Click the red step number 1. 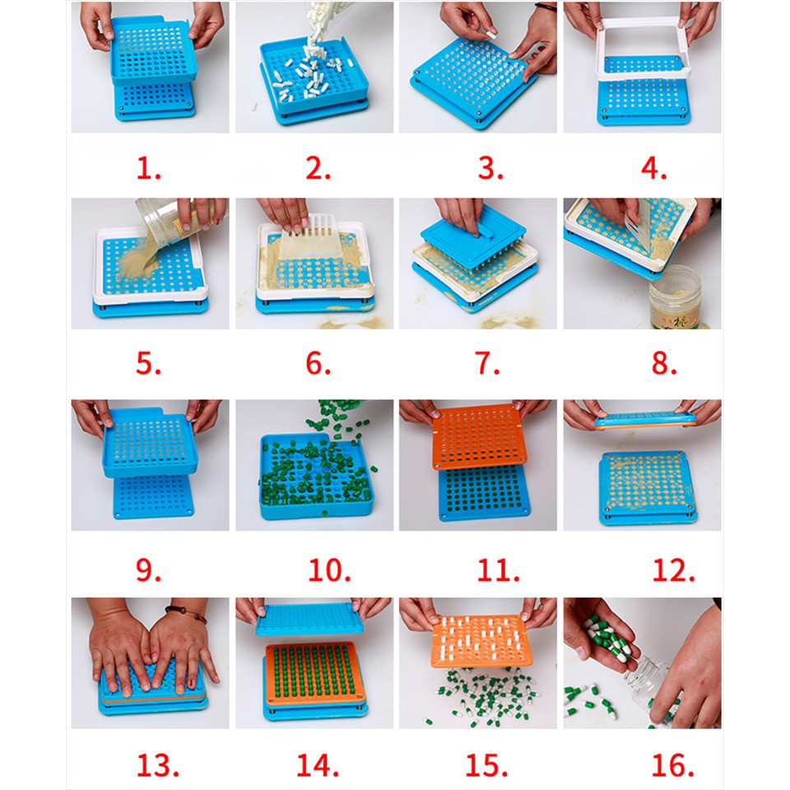click(x=149, y=168)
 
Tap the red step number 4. click(x=653, y=168)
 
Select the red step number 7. click(x=487, y=363)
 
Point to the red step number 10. click(x=329, y=570)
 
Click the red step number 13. click(x=158, y=765)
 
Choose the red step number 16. click(x=672, y=765)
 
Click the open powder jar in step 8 click(x=675, y=297)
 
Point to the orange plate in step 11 click(x=479, y=436)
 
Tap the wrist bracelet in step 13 click(x=187, y=614)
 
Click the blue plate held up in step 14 click(x=309, y=619)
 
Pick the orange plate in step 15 click(x=481, y=640)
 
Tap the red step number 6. click(x=318, y=363)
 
